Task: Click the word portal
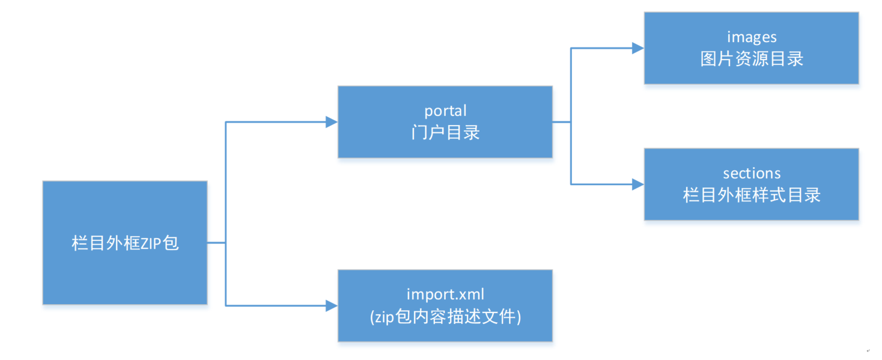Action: pos(445,111)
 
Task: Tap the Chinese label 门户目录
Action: pos(445,132)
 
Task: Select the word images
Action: pos(752,37)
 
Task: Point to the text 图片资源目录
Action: pos(752,58)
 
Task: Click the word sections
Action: pos(752,174)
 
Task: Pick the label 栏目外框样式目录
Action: pos(752,195)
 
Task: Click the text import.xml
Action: pos(445,294)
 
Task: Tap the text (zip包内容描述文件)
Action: pos(445,316)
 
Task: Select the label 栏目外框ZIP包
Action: pos(125,243)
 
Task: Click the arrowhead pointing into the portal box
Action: pos(332,122)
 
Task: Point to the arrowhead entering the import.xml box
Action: pos(332,306)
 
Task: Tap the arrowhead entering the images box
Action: pos(638,48)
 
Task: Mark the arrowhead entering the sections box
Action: pos(638,185)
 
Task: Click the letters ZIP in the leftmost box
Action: pos(152,243)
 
